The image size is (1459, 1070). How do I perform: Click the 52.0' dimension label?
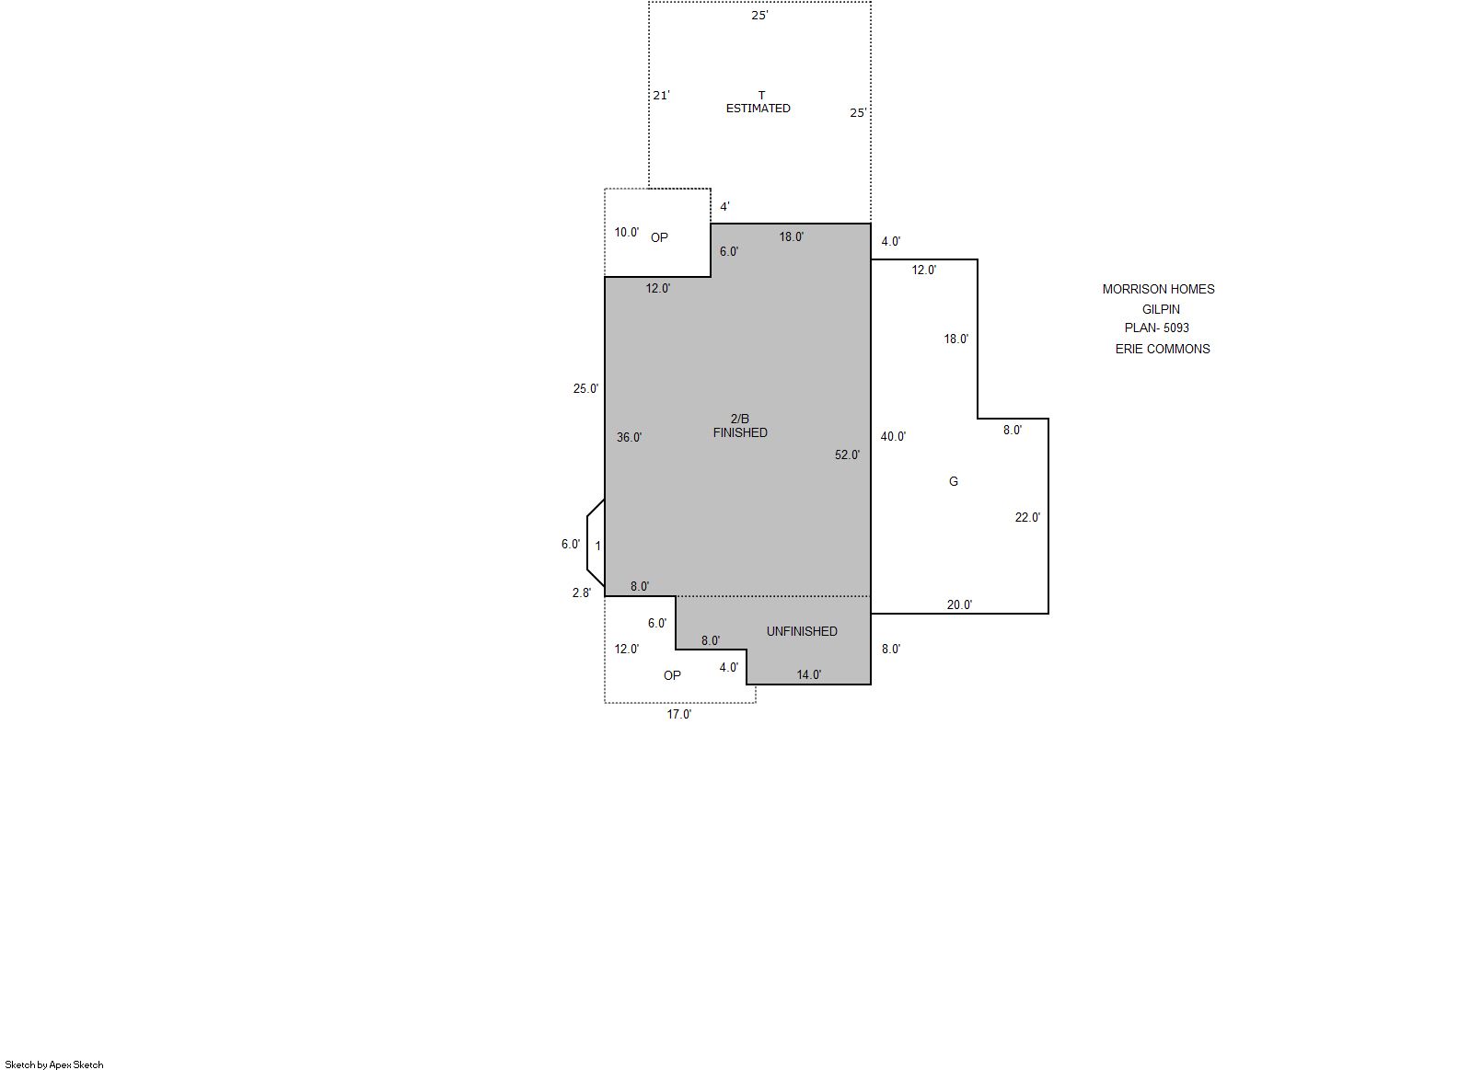click(847, 454)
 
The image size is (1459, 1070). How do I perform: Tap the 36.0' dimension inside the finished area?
click(629, 437)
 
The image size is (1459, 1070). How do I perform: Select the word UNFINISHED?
click(802, 631)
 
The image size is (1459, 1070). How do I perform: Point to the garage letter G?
click(953, 481)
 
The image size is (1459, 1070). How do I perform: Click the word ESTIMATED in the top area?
click(758, 108)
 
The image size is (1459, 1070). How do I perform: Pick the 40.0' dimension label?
click(893, 437)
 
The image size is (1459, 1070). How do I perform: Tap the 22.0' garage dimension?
click(1027, 517)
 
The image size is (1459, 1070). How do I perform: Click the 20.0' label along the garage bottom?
click(959, 604)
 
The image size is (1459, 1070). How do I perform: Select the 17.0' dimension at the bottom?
click(678, 715)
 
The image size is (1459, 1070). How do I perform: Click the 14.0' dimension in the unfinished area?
click(808, 675)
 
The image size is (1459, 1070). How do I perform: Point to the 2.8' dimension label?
click(581, 593)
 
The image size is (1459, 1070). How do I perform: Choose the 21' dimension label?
click(661, 96)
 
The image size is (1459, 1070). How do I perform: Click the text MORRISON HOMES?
click(1158, 289)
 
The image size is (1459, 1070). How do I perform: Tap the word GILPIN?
click(1161, 309)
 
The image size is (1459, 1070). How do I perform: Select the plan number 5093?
click(1176, 328)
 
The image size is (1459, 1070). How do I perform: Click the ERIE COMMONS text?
click(1163, 349)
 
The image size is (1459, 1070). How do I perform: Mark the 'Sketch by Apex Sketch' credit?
click(54, 1064)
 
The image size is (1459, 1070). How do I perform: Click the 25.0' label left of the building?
click(585, 388)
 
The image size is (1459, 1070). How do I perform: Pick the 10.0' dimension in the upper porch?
click(626, 233)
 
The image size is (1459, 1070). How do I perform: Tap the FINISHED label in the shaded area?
click(740, 432)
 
